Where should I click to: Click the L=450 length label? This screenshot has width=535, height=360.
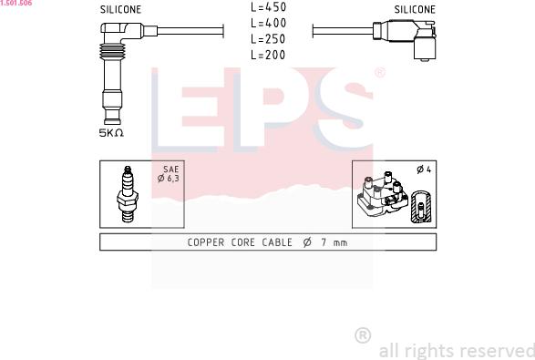[x=268, y=7]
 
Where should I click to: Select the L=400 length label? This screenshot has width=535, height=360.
[x=268, y=23]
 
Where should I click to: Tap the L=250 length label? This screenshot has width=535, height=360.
[x=268, y=39]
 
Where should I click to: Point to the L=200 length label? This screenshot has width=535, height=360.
[x=268, y=55]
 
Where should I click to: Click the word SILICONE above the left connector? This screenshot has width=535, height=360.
[x=120, y=9]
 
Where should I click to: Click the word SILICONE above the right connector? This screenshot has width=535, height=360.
[x=415, y=9]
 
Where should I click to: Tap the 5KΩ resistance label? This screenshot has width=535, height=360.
[x=111, y=133]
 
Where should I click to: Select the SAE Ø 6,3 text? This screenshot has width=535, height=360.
[x=169, y=174]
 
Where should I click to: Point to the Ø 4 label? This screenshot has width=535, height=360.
[x=424, y=170]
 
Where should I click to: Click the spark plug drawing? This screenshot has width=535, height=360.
[x=128, y=194]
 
